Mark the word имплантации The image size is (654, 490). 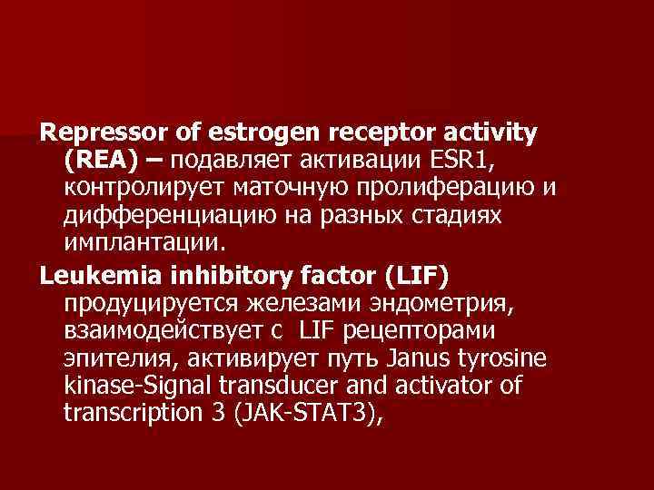[141, 245]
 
